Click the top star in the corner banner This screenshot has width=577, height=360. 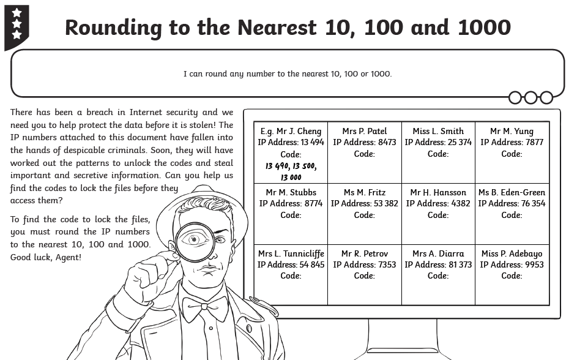point(17,13)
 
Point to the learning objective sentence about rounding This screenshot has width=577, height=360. point(287,74)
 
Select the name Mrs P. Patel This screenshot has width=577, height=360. point(364,131)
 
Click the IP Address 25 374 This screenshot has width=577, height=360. point(438,142)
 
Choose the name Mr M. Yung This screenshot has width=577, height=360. point(512,131)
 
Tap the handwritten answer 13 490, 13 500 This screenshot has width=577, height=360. point(291,166)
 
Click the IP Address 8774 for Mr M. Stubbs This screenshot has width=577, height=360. point(291,203)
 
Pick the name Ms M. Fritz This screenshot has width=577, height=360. point(364,192)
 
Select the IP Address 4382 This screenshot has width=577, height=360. point(438,203)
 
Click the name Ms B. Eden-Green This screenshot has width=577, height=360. point(512,192)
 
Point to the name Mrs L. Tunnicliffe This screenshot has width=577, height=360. point(291,253)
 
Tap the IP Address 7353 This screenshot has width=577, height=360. point(364,264)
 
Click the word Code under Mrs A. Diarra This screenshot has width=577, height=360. point(437,276)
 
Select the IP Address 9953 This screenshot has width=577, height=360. point(512,264)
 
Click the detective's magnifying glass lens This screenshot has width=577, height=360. point(195,241)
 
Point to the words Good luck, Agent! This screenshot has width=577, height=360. point(46,257)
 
